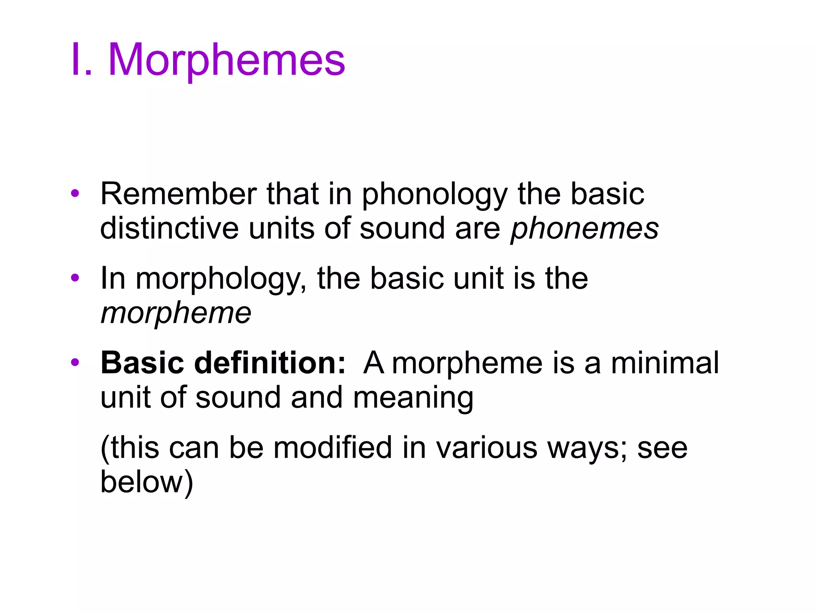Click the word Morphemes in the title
[x=226, y=60]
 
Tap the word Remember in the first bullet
[x=178, y=194]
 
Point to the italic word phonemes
[x=584, y=229]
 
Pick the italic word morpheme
[x=176, y=314]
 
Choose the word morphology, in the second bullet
[x=221, y=279]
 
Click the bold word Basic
[x=142, y=363]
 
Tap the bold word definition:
[x=270, y=363]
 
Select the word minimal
[x=665, y=363]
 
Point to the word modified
[x=333, y=448]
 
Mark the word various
[x=487, y=448]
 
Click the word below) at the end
[x=146, y=482]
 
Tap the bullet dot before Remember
[x=75, y=194]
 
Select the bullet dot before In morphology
[x=75, y=278]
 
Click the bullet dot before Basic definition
[x=75, y=362]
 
